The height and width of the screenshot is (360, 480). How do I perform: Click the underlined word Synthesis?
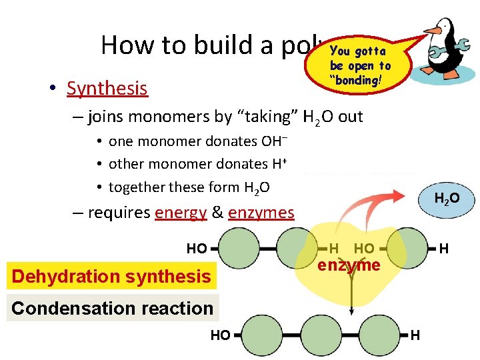pyautogui.click(x=107, y=88)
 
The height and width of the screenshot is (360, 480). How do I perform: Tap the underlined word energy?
pyautogui.click(x=180, y=213)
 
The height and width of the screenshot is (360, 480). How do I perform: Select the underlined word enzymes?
pyautogui.click(x=261, y=213)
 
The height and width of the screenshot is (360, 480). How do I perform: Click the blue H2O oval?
pyautogui.click(x=446, y=199)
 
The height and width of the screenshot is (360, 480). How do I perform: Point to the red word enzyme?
pyautogui.click(x=350, y=265)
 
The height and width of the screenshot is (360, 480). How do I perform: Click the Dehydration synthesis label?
pyautogui.click(x=111, y=276)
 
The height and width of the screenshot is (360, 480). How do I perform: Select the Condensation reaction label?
pyautogui.click(x=112, y=308)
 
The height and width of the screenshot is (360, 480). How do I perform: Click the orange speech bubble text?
pyautogui.click(x=360, y=65)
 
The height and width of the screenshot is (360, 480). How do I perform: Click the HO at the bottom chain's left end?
pyautogui.click(x=220, y=335)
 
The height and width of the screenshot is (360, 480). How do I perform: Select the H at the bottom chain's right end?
pyautogui.click(x=415, y=335)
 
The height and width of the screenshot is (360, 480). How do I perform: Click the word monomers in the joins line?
pyautogui.click(x=163, y=117)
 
